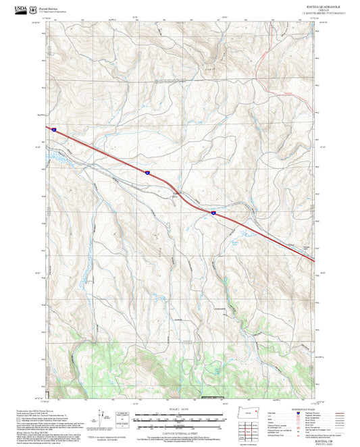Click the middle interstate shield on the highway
click(147, 173)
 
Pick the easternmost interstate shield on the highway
click(213, 213)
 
